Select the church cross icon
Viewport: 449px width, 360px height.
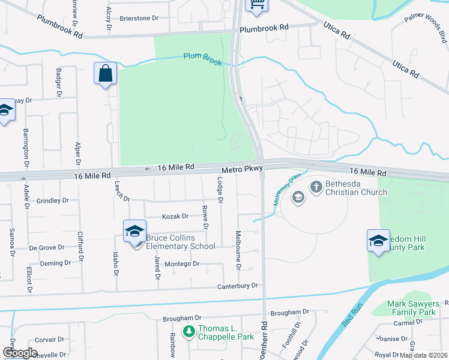pyautogui.click(x=316, y=187)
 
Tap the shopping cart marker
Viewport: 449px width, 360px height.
pyautogui.click(x=256, y=5)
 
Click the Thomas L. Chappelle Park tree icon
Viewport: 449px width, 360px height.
pyautogui.click(x=188, y=331)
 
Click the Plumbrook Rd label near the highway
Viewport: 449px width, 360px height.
pyautogui.click(x=264, y=28)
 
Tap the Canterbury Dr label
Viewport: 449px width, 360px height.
pyautogui.click(x=238, y=286)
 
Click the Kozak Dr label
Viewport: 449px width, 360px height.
pyautogui.click(x=175, y=217)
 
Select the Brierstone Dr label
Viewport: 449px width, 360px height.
pyautogui.click(x=139, y=18)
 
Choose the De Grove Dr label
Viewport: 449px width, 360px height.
pyautogui.click(x=47, y=247)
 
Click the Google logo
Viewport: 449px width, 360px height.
pyautogui.click(x=20, y=353)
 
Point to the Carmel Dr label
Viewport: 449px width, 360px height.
pyautogui.click(x=413, y=322)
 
